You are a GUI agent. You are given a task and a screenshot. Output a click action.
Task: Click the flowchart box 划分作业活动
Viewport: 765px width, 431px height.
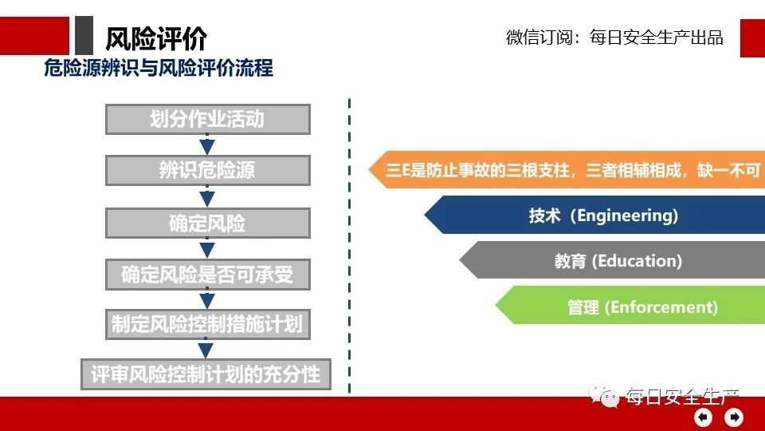[208, 119]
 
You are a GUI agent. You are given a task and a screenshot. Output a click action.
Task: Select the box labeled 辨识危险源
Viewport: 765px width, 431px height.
[208, 170]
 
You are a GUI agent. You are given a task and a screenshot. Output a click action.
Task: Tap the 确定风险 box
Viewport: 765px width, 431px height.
[208, 223]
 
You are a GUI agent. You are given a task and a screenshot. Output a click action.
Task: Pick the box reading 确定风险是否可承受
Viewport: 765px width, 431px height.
[208, 274]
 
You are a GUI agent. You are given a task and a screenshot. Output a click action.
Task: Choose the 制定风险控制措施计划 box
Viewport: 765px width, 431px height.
[208, 324]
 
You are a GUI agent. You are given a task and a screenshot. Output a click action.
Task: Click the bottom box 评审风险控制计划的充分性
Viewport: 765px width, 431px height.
[206, 374]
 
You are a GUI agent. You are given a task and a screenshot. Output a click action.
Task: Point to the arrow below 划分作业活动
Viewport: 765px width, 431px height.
[207, 144]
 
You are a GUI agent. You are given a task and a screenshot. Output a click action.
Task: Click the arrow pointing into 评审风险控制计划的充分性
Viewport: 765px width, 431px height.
[206, 349]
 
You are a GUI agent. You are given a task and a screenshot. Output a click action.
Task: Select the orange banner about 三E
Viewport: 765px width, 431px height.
[567, 170]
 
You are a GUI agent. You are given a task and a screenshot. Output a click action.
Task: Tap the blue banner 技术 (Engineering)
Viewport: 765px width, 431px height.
[594, 215]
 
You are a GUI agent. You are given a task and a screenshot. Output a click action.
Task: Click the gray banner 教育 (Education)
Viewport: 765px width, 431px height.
[612, 260]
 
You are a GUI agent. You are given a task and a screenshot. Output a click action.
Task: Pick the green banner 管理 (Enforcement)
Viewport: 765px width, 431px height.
[630, 306]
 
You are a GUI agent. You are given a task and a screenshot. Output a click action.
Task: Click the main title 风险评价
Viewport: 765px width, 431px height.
[156, 38]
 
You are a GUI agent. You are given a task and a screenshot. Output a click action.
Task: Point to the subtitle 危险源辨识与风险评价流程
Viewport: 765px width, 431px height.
[159, 68]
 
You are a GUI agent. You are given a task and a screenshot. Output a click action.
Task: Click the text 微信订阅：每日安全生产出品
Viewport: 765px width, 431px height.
[614, 38]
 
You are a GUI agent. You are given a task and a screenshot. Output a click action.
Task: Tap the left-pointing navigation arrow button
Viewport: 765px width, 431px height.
[703, 417]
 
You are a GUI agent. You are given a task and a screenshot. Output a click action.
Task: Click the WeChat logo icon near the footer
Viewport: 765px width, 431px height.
[604, 396]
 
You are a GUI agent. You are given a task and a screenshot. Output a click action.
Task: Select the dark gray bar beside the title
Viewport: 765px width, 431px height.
[84, 35]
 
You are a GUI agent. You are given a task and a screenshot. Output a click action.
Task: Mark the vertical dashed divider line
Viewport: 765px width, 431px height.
[349, 246]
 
